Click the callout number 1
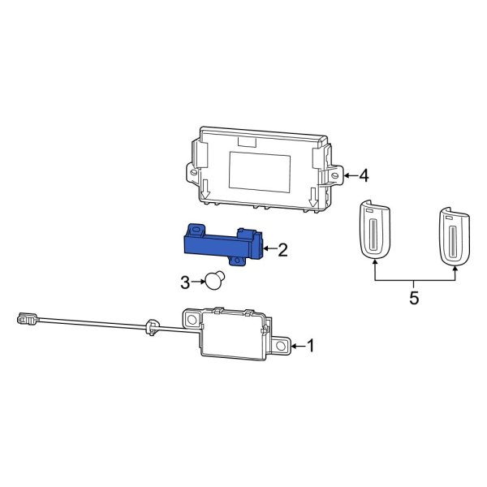[309, 346]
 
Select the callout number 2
[282, 250]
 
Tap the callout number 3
[184, 282]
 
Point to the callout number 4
[364, 175]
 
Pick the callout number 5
[414, 298]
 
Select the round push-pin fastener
[214, 280]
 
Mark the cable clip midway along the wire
[150, 328]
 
